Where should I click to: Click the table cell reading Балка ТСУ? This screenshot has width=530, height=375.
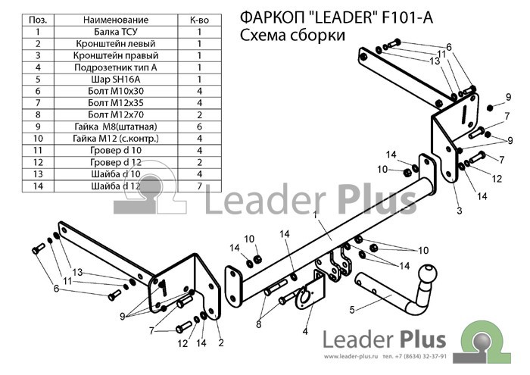[x=116, y=32]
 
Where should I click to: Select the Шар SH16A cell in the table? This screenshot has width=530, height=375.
[x=116, y=80]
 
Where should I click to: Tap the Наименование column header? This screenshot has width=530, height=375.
[x=116, y=20]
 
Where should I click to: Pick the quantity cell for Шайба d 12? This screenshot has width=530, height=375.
[x=199, y=186]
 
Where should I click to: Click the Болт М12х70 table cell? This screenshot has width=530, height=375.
[x=116, y=115]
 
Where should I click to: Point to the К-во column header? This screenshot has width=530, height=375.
[x=199, y=20]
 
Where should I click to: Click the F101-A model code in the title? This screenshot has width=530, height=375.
[x=407, y=17]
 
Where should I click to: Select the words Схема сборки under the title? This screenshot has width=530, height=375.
[x=293, y=35]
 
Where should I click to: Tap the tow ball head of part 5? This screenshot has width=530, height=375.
[x=428, y=273]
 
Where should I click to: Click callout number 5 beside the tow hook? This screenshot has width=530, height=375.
[x=352, y=309]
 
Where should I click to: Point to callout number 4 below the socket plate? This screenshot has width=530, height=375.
[x=305, y=331]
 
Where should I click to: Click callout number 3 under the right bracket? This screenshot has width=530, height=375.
[x=459, y=211]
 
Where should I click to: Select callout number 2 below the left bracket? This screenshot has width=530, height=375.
[x=221, y=342]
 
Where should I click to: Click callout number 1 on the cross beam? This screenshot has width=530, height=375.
[x=316, y=215]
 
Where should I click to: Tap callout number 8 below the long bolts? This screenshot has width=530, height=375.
[x=259, y=324]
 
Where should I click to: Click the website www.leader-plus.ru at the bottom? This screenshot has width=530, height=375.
[x=350, y=356]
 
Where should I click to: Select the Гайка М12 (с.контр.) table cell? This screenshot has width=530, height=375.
[x=116, y=139]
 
